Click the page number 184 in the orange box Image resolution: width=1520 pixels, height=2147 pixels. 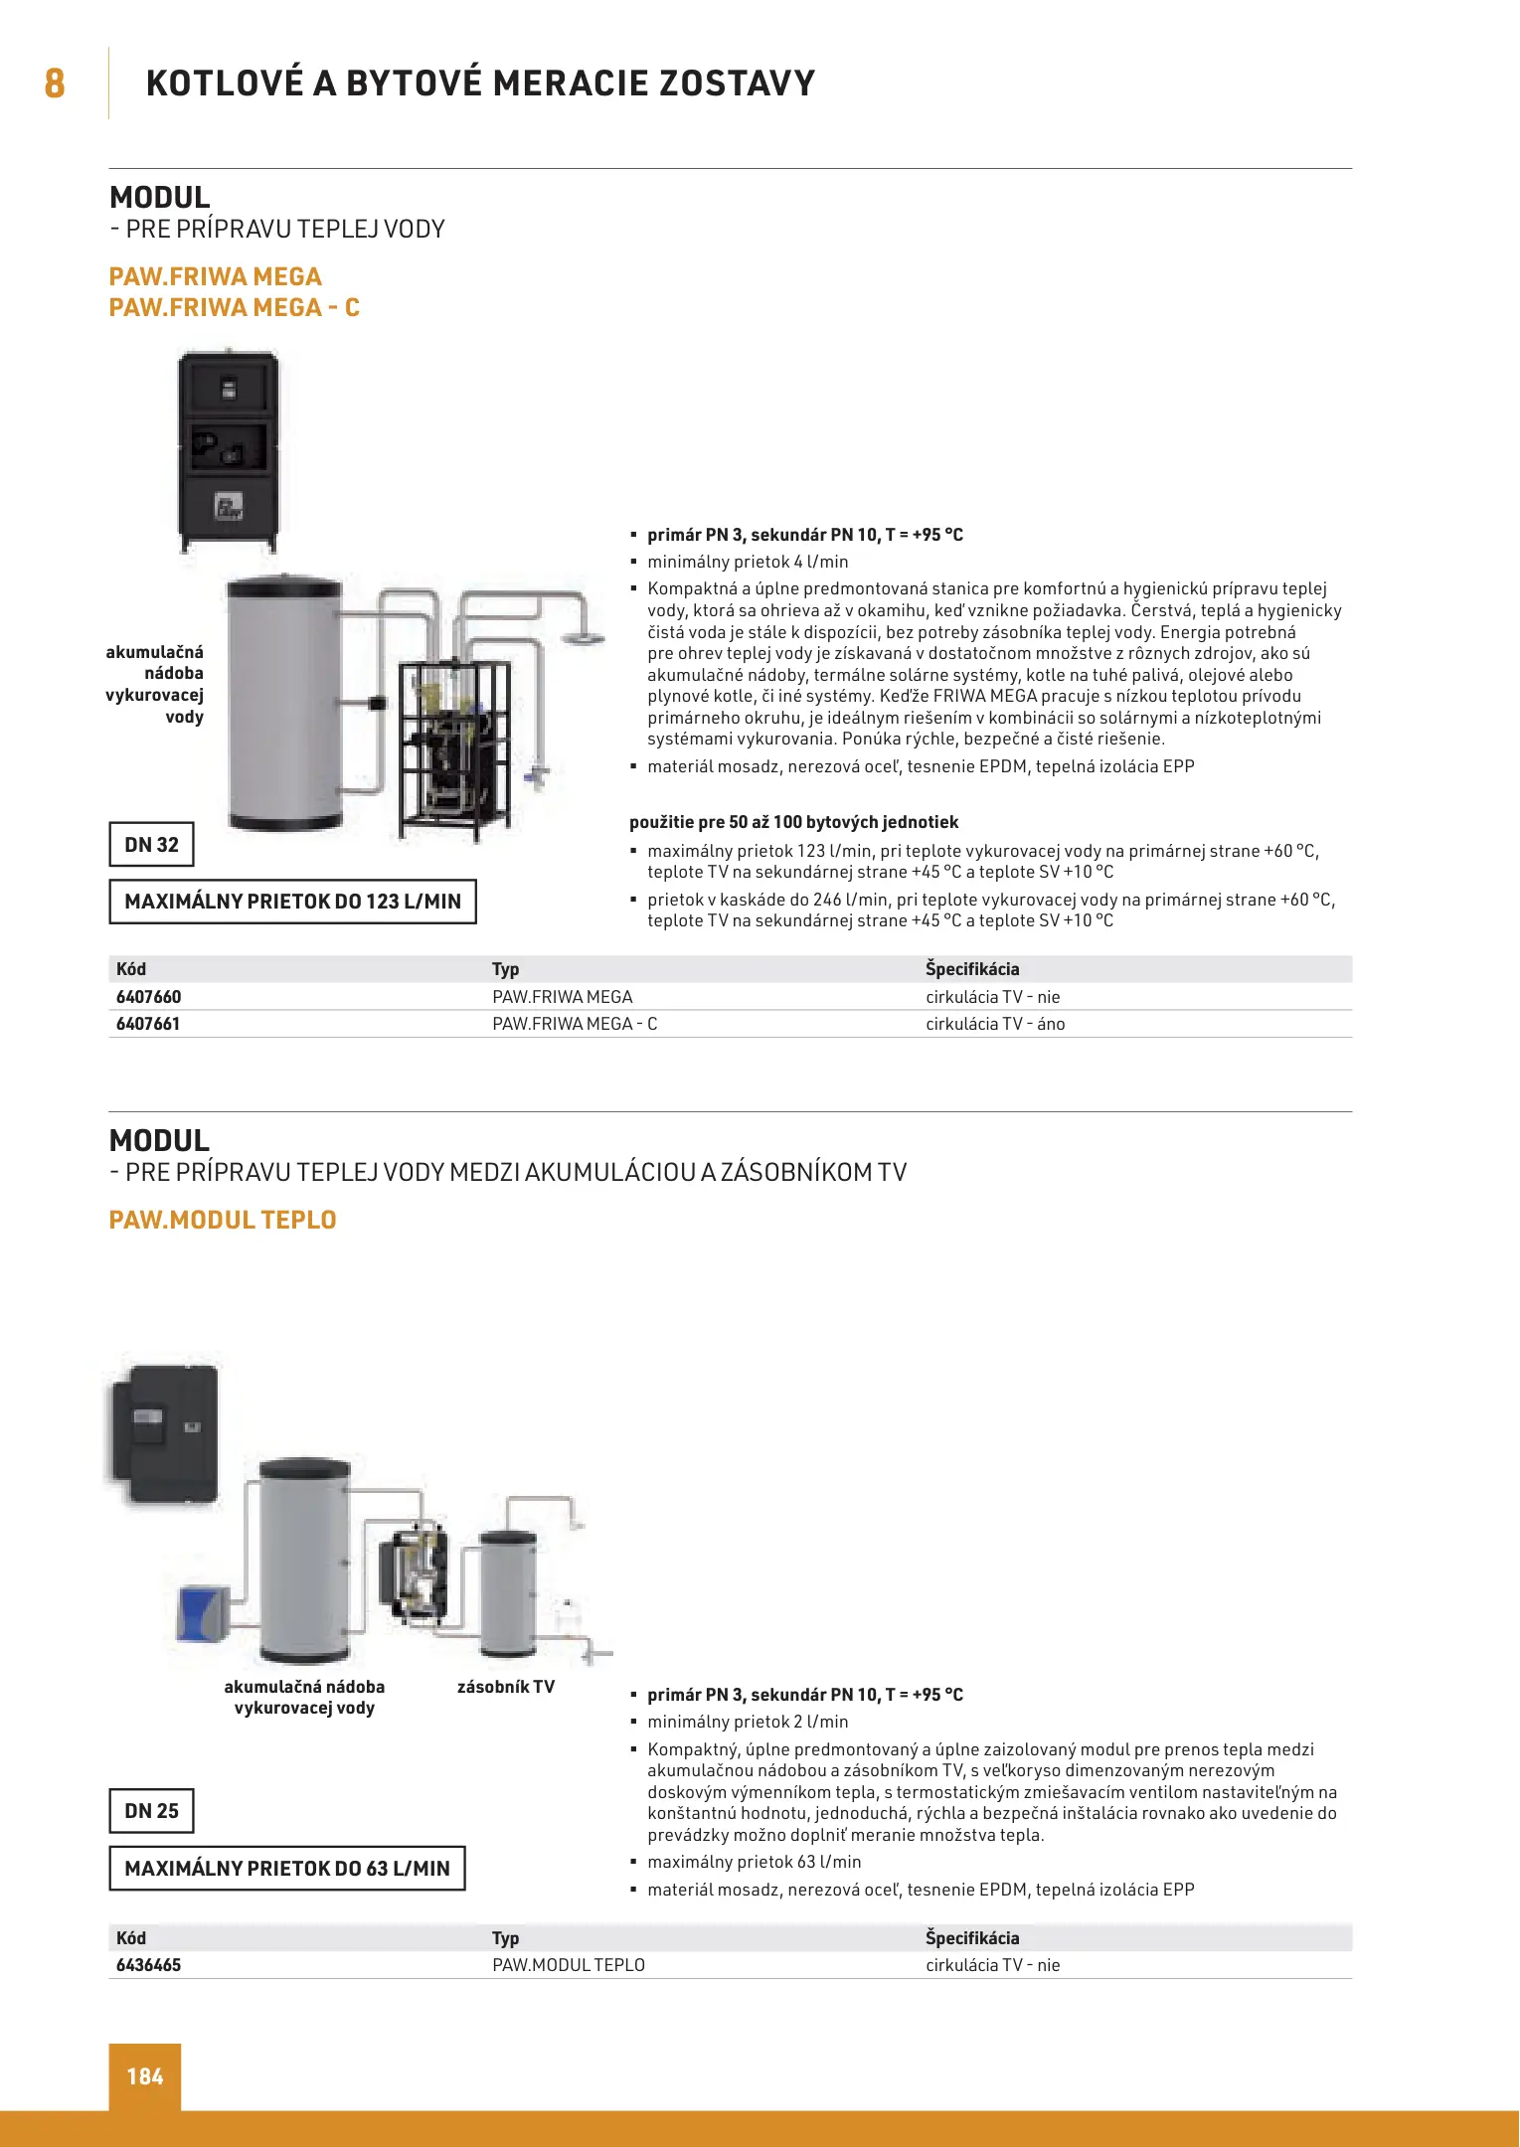pyautogui.click(x=145, y=2076)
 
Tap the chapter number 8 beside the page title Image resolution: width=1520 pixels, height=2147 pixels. pyautogui.click(x=55, y=83)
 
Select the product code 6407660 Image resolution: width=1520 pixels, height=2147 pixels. pyautogui.click(x=149, y=997)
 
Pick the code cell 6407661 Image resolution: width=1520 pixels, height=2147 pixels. pyautogui.click(x=148, y=1024)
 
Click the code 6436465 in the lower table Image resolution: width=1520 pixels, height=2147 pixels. pyautogui.click(x=149, y=1965)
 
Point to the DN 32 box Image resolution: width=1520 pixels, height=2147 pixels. pyautogui.click(x=151, y=845)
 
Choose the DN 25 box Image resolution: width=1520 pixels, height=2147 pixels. pyautogui.click(x=151, y=1811)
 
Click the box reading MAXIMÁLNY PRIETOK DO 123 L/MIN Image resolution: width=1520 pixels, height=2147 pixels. pyautogui.click(x=292, y=902)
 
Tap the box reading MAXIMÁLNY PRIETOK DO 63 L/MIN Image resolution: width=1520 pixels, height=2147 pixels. pyautogui.click(x=287, y=1869)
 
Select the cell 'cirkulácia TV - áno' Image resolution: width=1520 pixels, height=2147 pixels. pyautogui.click(x=995, y=1024)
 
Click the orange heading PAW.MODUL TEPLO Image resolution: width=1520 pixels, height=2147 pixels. pyautogui.click(x=223, y=1220)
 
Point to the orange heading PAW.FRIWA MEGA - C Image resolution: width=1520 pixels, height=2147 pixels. pyautogui.click(x=235, y=308)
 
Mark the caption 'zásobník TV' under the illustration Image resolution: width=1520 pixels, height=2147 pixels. pyautogui.click(x=506, y=1687)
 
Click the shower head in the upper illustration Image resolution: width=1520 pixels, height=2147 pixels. pyautogui.click(x=586, y=637)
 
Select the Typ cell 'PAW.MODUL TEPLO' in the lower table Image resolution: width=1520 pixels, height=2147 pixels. pyautogui.click(x=569, y=1965)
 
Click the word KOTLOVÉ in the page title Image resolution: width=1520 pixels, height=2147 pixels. pyautogui.click(x=225, y=83)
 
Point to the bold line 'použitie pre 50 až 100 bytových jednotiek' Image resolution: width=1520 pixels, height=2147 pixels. pyautogui.click(x=793, y=822)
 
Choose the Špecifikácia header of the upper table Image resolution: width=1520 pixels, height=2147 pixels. pyautogui.click(x=972, y=969)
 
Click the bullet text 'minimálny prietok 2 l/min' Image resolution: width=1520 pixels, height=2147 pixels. pyautogui.click(x=748, y=1722)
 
